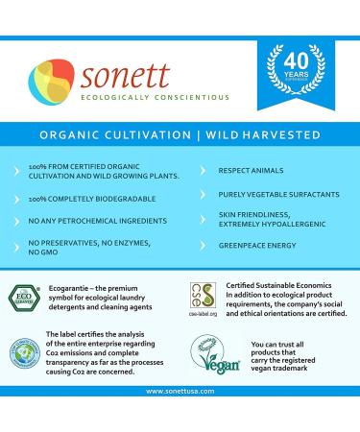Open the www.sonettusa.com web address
click(179, 419)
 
